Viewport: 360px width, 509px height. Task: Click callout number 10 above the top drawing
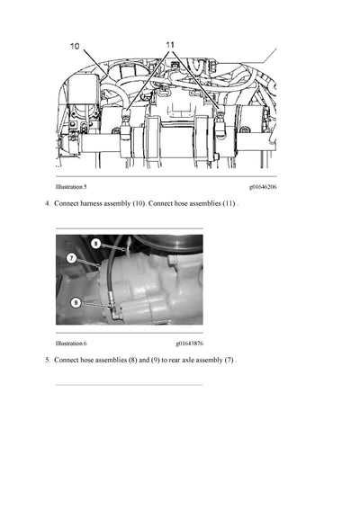pos(75,45)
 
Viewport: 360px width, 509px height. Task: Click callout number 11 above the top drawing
pos(172,43)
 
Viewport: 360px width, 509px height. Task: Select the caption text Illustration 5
pos(71,186)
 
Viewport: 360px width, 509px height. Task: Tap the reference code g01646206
pos(263,186)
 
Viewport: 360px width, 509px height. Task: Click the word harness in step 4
pos(96,204)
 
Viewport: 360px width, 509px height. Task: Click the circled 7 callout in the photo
pos(71,258)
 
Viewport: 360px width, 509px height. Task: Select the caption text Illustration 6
pos(71,343)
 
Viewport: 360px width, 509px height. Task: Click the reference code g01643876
pos(189,343)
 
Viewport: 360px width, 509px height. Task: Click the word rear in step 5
pos(176,361)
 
